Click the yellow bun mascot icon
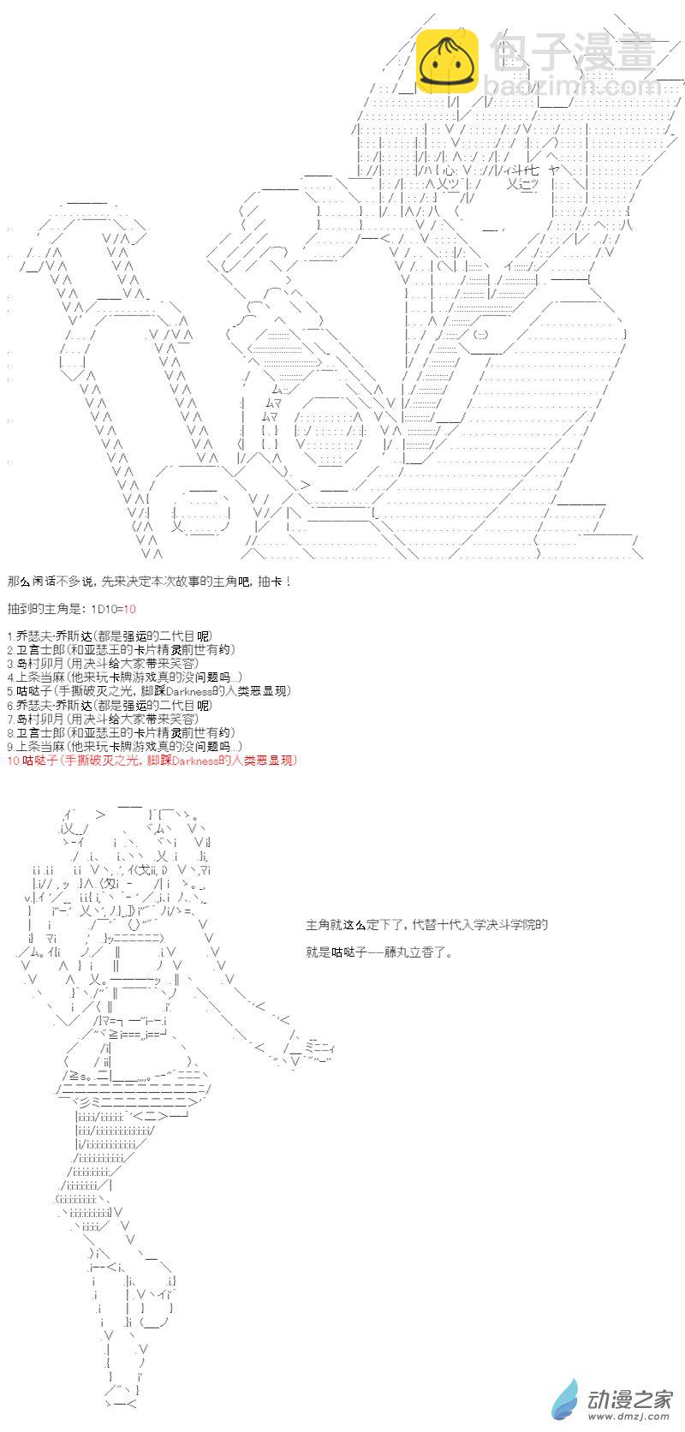pyautogui.click(x=447, y=59)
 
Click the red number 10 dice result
pyautogui.click(x=129, y=609)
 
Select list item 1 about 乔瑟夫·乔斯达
pyautogui.click(x=110, y=636)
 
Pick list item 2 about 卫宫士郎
pyautogui.click(x=121, y=649)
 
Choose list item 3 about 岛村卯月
pyautogui.click(x=103, y=664)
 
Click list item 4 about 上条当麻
pyautogui.click(x=125, y=677)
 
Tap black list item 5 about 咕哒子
pyautogui.click(x=149, y=691)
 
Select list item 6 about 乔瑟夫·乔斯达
pyautogui.click(x=110, y=705)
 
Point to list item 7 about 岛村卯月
pyautogui.click(x=103, y=719)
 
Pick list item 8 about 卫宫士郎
pyautogui.click(x=121, y=732)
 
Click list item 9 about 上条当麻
pyautogui.click(x=125, y=746)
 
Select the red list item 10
pyautogui.click(x=152, y=761)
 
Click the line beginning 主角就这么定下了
pyautogui.click(x=427, y=925)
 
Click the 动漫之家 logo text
pyautogui.click(x=629, y=1399)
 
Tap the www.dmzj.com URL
pyautogui.click(x=629, y=1417)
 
